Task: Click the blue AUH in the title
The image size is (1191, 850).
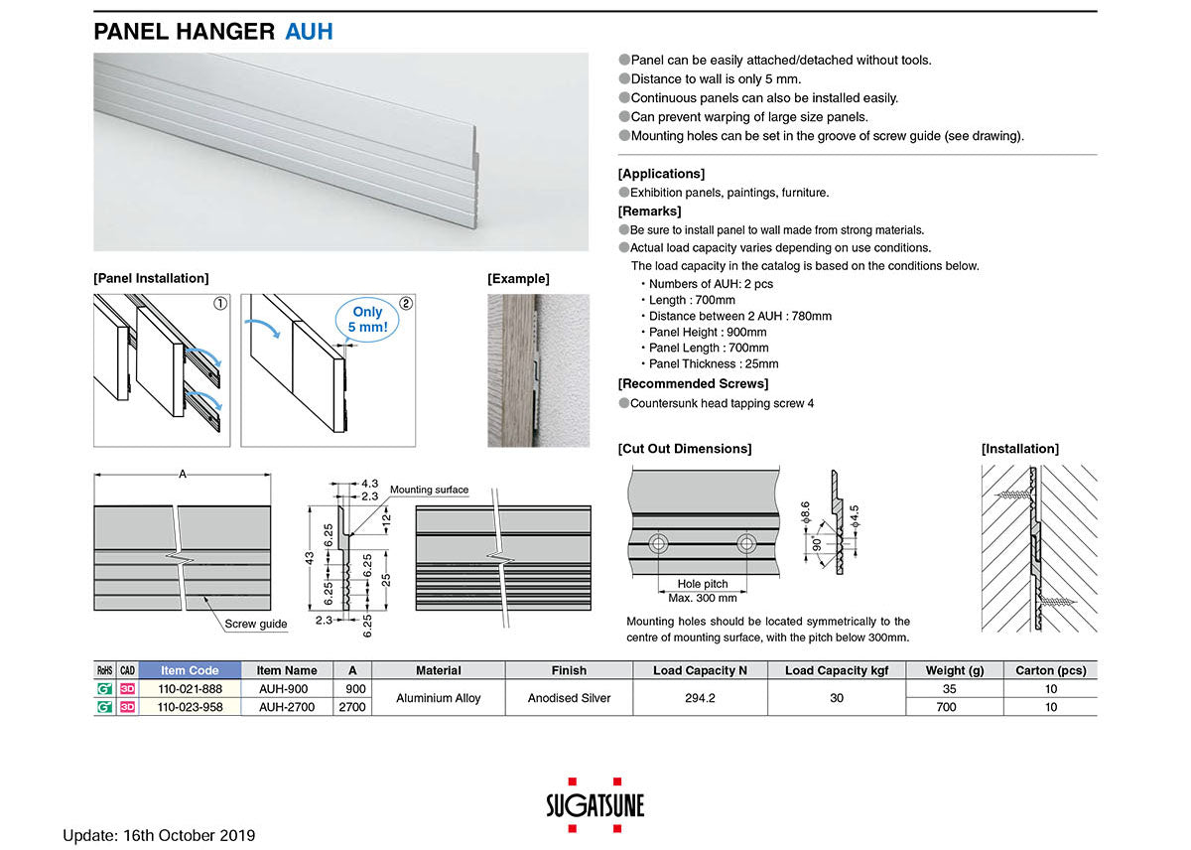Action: tap(309, 32)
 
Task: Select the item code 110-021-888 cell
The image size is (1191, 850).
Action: tap(190, 688)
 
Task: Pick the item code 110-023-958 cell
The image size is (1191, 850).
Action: tap(190, 707)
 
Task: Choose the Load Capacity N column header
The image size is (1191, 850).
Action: tap(700, 670)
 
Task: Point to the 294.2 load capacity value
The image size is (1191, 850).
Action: tap(700, 698)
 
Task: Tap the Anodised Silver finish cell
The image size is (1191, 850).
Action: tap(569, 698)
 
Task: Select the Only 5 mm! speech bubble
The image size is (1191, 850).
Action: tap(367, 319)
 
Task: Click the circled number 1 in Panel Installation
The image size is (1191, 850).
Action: tap(220, 303)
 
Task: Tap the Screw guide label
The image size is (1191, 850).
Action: tap(255, 625)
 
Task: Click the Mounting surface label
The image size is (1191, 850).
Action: tap(429, 491)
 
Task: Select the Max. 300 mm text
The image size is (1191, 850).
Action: tap(702, 598)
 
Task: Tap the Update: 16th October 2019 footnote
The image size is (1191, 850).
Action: tap(159, 835)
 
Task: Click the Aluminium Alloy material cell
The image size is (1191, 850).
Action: tap(438, 698)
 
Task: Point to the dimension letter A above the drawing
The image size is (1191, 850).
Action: tap(182, 475)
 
